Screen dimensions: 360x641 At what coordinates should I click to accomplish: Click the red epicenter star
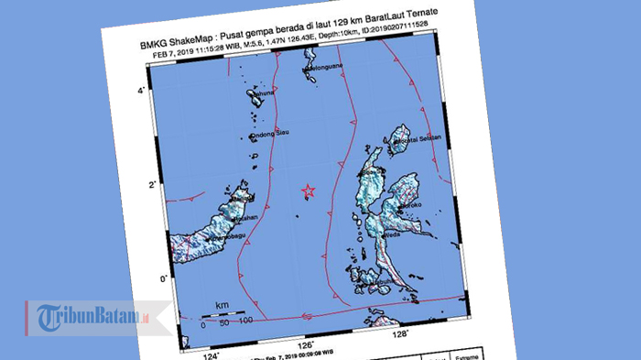308,191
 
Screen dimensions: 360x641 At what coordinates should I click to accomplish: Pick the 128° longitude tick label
400,334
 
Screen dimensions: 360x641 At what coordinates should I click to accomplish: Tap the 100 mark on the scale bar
244,320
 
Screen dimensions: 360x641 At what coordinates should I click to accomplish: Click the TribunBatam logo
92,316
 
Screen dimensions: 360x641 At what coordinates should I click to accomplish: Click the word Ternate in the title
436,36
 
